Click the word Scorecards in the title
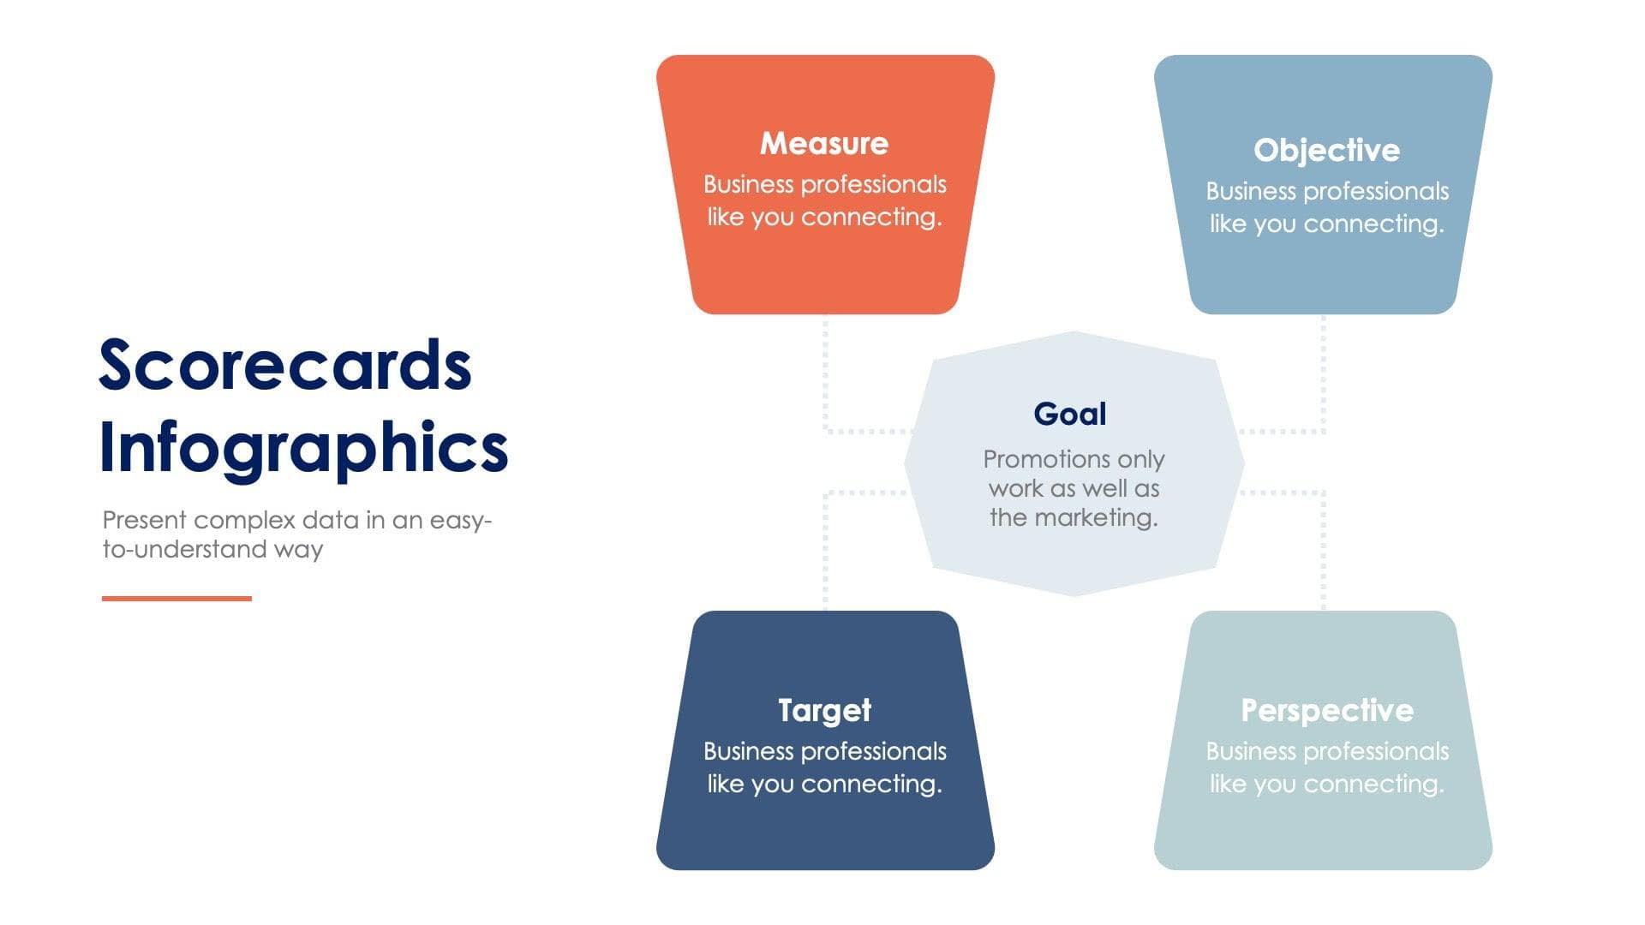285,365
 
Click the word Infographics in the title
303,448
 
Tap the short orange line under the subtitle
176,598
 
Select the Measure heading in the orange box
824,143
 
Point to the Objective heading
1326,150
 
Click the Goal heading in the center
1070,414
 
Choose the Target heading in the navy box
824,710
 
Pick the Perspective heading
1326,710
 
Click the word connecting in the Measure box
870,218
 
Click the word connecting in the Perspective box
1373,784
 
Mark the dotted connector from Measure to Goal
826,385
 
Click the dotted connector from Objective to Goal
1323,385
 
